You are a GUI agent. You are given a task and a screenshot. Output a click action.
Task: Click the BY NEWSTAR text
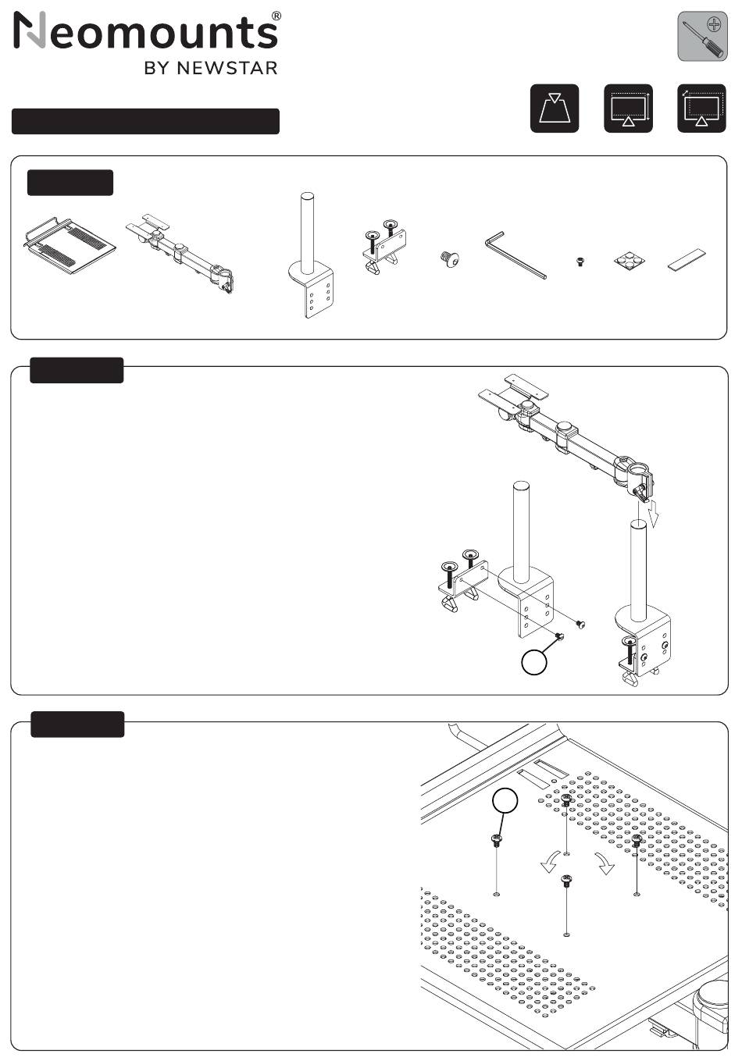(210, 68)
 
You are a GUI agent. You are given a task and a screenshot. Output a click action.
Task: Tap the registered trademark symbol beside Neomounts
(276, 16)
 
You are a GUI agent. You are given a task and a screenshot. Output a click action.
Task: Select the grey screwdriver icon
(702, 37)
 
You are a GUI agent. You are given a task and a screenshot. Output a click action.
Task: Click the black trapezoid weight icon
(555, 108)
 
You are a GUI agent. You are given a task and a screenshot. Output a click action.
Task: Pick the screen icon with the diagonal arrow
(701, 108)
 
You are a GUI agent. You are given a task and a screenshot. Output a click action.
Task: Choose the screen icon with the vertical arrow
(628, 108)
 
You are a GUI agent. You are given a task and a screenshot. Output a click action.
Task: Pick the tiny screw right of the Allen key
(580, 262)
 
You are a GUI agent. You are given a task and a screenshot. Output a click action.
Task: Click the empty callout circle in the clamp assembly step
(533, 662)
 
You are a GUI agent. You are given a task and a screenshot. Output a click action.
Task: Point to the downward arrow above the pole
(655, 513)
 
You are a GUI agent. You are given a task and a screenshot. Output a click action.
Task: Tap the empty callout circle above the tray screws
(505, 800)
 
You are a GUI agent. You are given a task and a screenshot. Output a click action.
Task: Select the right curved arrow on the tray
(604, 863)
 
